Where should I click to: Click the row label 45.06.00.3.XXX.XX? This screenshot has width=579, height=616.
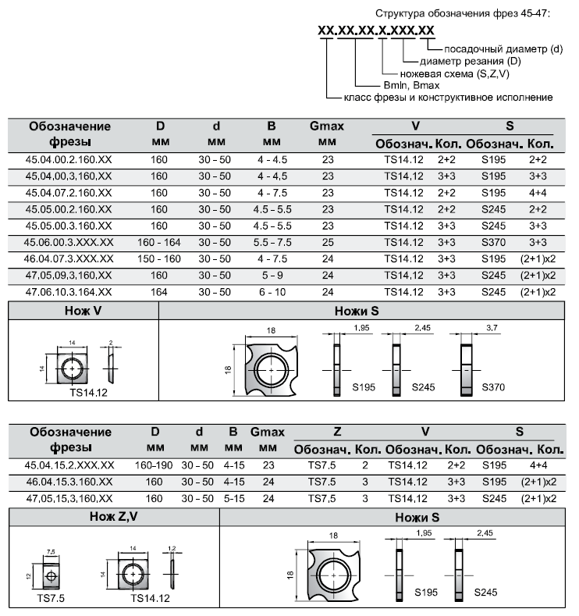tap(69, 243)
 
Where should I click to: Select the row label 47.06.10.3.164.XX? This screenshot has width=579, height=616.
tap(69, 292)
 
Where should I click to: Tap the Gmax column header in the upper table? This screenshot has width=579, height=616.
tap(327, 126)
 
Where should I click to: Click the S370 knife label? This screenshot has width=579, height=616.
tap(494, 387)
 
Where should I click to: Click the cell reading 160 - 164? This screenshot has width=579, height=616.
tap(158, 243)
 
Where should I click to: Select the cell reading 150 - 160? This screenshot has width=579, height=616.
tap(158, 259)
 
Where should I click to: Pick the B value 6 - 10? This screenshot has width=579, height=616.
tap(272, 292)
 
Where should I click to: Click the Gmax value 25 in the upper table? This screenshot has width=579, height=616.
tap(327, 243)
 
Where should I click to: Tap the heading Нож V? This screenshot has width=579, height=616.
tap(82, 310)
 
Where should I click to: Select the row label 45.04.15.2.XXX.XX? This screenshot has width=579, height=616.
tap(69, 465)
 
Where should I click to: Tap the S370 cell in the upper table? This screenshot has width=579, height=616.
tap(492, 243)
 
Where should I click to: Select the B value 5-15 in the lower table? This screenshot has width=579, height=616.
tap(233, 498)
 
